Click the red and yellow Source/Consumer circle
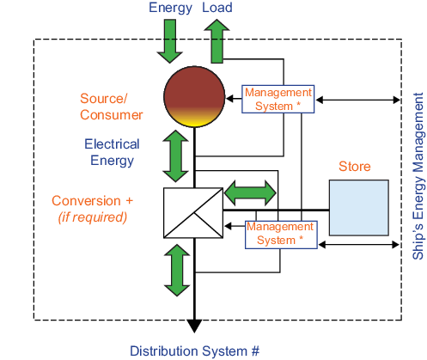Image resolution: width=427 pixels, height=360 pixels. point(194,97)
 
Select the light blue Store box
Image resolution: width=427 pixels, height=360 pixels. point(359,208)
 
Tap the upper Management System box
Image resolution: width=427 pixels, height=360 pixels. point(278,99)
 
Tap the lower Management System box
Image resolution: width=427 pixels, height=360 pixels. point(281,235)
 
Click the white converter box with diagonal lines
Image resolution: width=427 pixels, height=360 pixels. point(193,213)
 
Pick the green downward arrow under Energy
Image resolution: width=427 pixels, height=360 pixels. point(170,41)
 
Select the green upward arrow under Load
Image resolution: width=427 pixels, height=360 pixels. point(217,41)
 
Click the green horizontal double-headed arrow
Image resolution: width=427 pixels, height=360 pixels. point(250,192)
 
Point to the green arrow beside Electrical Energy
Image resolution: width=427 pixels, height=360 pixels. point(175,156)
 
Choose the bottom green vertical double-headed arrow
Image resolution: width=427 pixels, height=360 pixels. point(177,270)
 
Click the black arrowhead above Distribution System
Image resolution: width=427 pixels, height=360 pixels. point(194,326)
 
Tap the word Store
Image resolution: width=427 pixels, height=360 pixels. point(355,167)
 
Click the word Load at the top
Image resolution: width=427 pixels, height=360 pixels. point(217,8)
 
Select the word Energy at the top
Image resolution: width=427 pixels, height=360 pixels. point(170,8)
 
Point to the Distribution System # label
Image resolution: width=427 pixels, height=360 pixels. point(195,351)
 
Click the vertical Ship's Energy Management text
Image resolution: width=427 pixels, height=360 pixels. point(418,176)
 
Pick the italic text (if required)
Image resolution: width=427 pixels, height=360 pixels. point(93,217)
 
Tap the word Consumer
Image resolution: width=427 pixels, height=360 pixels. point(112,115)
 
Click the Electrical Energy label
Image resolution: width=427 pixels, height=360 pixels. point(112,152)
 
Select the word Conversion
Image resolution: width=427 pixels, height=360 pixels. point(86,201)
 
